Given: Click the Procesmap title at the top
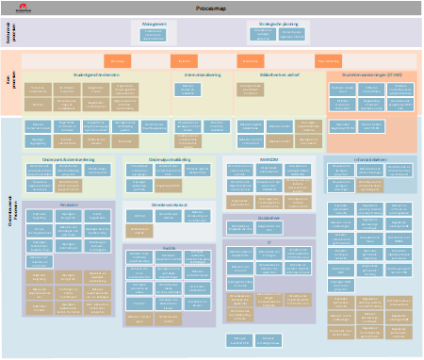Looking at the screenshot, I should click(x=212, y=7).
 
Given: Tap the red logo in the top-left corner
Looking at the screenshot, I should click(x=17, y=7).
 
